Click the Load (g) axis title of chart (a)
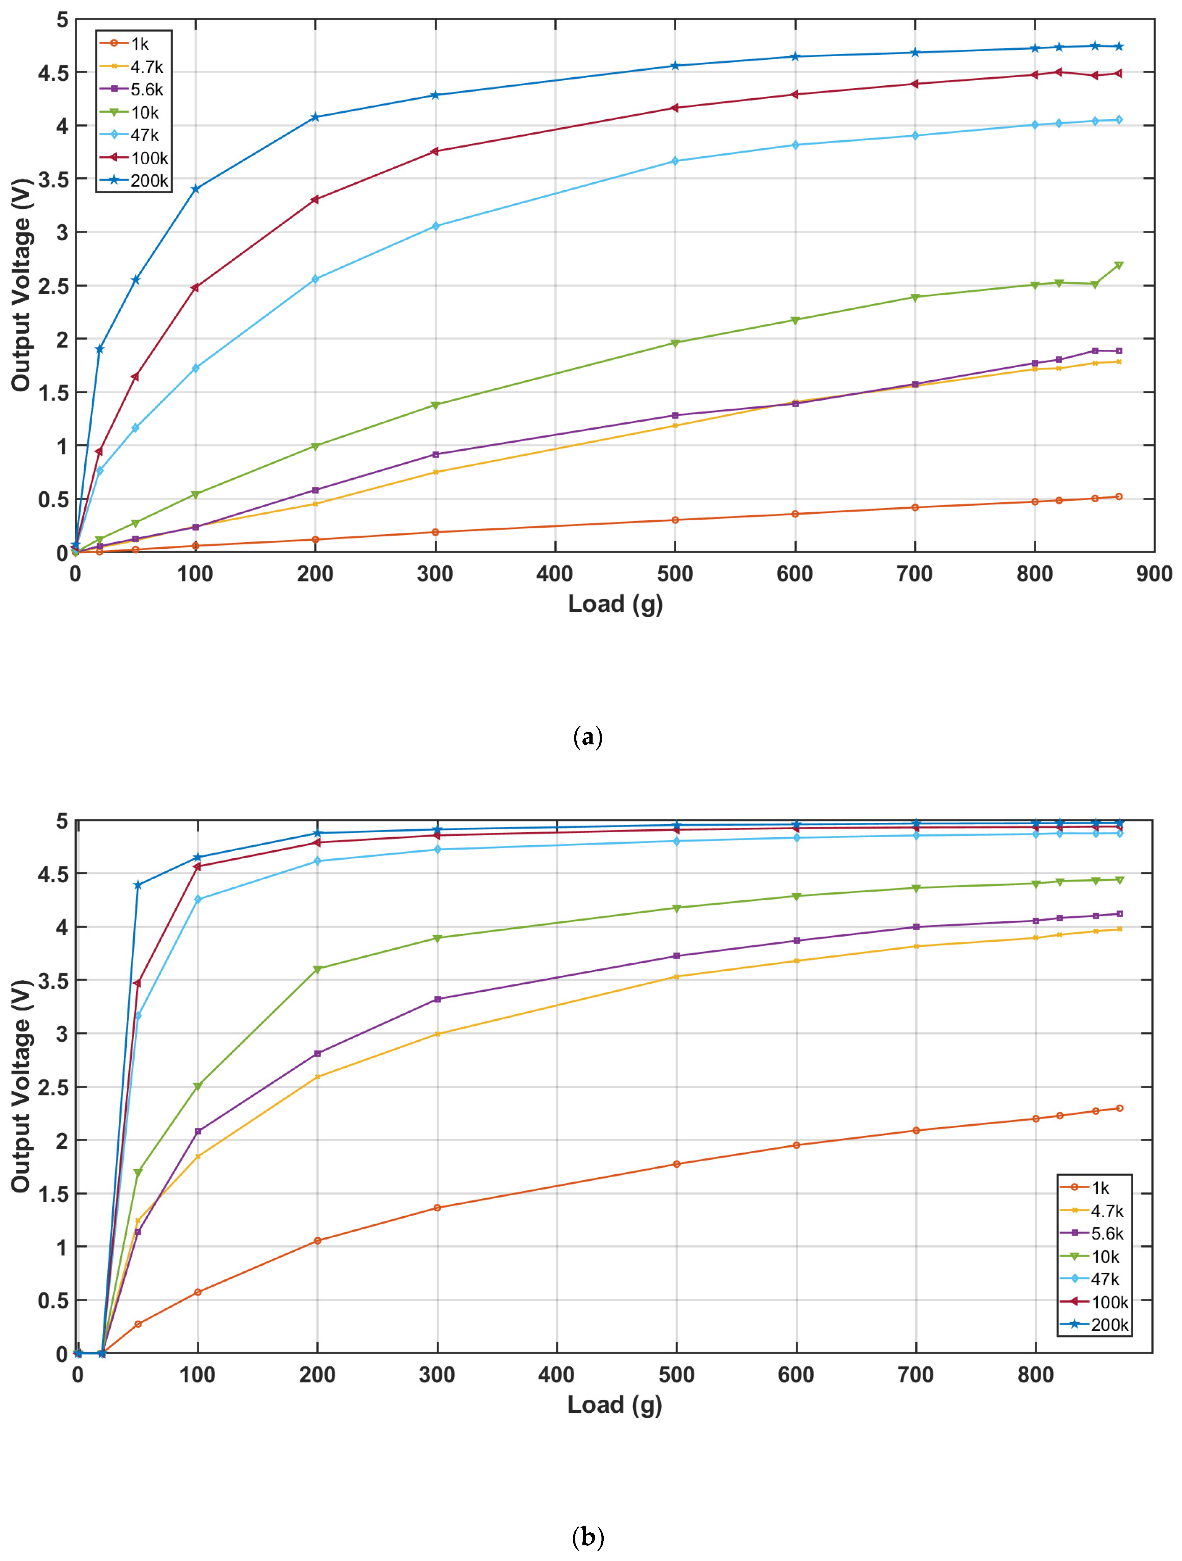click(x=615, y=604)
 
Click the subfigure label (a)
click(x=588, y=737)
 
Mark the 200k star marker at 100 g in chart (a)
click(x=195, y=189)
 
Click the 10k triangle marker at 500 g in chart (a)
click(x=675, y=343)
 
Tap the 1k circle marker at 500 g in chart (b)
click(x=677, y=1164)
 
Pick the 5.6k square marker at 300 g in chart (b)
click(x=438, y=999)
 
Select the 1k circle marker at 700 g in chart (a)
click(x=915, y=507)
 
